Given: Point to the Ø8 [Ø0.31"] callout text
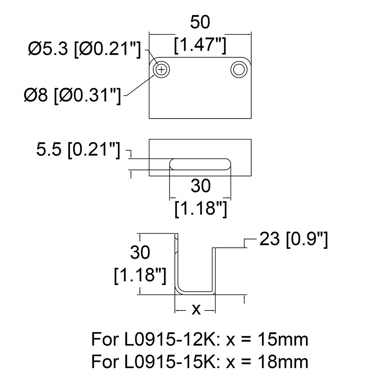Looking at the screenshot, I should click(72, 95).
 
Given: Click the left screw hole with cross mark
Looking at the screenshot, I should click(161, 70).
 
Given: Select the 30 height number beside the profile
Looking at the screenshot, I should click(139, 253).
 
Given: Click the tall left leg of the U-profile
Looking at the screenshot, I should click(176, 262).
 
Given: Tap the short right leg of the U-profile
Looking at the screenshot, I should click(214, 270).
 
